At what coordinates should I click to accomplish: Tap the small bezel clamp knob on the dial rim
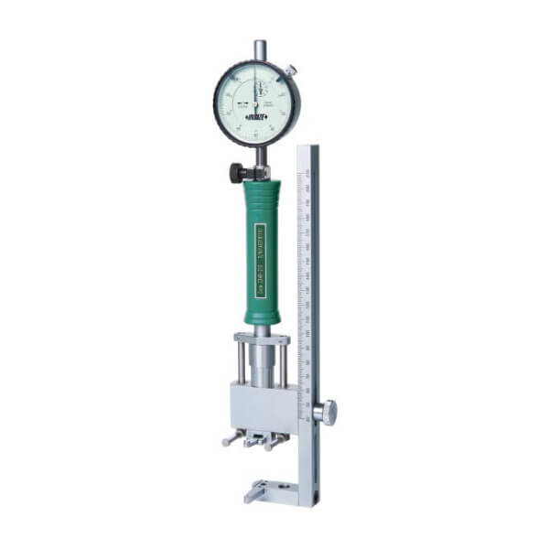[289, 70]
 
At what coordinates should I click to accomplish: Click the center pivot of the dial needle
[257, 103]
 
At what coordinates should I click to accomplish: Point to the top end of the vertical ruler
[311, 152]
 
